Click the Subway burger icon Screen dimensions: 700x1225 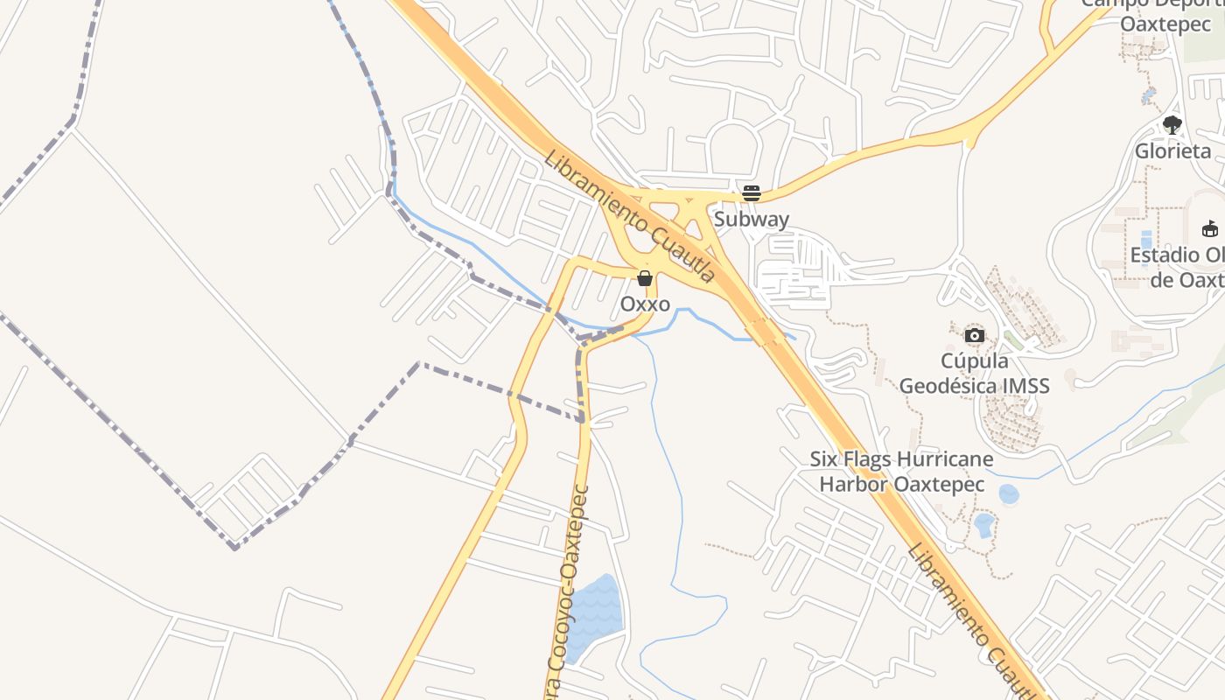pos(751,193)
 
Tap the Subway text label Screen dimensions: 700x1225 pos(751,219)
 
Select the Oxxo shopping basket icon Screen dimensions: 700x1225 pos(645,278)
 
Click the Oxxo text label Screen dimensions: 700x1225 pos(645,304)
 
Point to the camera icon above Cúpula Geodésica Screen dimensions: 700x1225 pos(974,335)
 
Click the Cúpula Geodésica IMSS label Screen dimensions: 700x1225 pos(974,373)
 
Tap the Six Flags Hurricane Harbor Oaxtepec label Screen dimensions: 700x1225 pos(901,472)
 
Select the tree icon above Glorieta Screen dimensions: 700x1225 pos(1172,125)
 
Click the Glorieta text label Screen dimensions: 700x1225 pos(1172,150)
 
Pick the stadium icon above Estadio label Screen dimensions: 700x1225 pos(1210,229)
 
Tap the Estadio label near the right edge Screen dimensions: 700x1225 pos(1177,267)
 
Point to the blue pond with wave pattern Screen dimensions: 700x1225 pos(594,617)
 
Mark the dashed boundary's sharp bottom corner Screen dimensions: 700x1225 pos(234,548)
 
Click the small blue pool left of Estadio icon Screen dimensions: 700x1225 pos(1146,239)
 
